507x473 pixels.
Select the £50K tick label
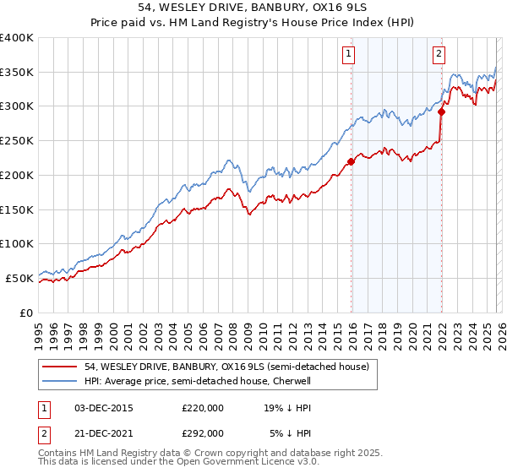point(20,278)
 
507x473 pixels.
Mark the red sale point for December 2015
point(352,162)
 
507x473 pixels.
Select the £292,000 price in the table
point(202,432)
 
